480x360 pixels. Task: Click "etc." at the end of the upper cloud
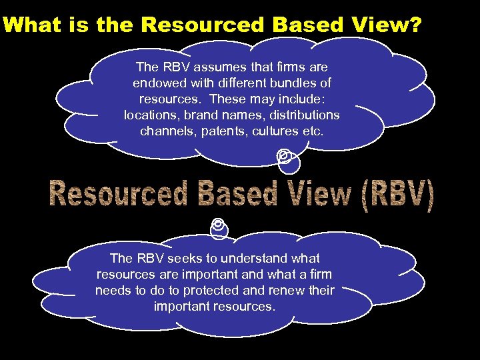(x=313, y=131)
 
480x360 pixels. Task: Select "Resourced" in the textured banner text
(x=117, y=195)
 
